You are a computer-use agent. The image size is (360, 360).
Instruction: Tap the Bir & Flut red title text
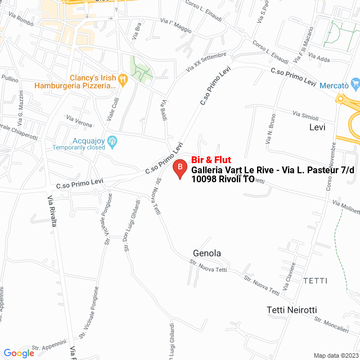tap(211, 160)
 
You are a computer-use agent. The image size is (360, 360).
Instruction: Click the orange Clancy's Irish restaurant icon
tap(123, 81)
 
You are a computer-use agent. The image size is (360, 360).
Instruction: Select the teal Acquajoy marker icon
tap(112, 141)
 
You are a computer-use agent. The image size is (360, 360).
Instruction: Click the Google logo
tap(19, 353)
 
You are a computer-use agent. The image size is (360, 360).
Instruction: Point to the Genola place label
tap(206, 253)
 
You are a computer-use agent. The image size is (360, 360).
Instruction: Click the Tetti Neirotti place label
tap(292, 310)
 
